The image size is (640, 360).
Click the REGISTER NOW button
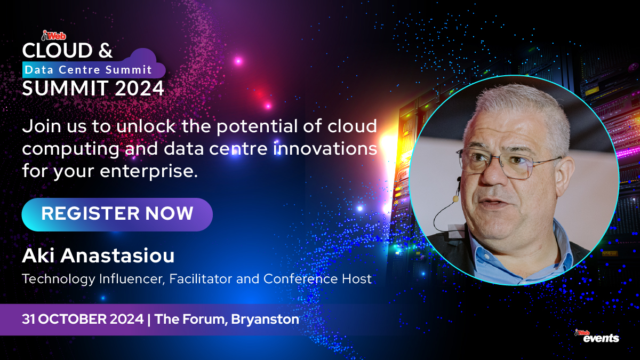point(117,214)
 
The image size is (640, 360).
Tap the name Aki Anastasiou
point(98,255)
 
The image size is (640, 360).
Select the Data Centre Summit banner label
point(89,70)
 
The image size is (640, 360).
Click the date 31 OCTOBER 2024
point(83,320)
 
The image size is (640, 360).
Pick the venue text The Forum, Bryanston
point(227,320)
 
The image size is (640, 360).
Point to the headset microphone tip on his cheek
point(457,198)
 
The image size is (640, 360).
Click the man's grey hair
point(512,104)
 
